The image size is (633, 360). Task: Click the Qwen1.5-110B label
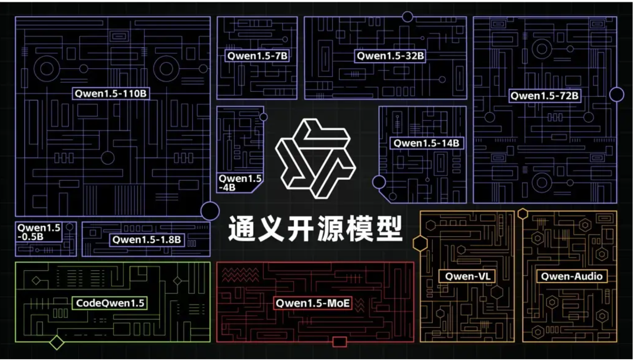[111, 93]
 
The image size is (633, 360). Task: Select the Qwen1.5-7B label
[257, 56]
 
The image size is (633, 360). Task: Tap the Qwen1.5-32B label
[390, 56]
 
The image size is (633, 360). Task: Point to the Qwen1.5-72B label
[544, 96]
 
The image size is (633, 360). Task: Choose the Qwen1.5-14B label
[426, 143]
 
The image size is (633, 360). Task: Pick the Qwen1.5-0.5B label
[39, 232]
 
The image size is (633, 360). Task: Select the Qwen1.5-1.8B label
[147, 240]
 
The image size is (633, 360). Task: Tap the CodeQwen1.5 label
[110, 303]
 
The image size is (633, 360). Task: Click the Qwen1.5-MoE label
[313, 303]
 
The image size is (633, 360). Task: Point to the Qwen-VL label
[467, 276]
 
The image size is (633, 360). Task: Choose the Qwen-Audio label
[571, 276]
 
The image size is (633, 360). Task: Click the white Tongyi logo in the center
[316, 159]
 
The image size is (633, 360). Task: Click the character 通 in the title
[242, 229]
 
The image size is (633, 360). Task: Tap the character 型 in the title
[389, 229]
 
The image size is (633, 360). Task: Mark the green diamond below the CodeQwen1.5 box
[56, 342]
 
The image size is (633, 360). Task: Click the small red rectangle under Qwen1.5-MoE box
[339, 342]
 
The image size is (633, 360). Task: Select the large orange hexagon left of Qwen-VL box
[420, 243]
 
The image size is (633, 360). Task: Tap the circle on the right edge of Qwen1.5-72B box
[617, 95]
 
